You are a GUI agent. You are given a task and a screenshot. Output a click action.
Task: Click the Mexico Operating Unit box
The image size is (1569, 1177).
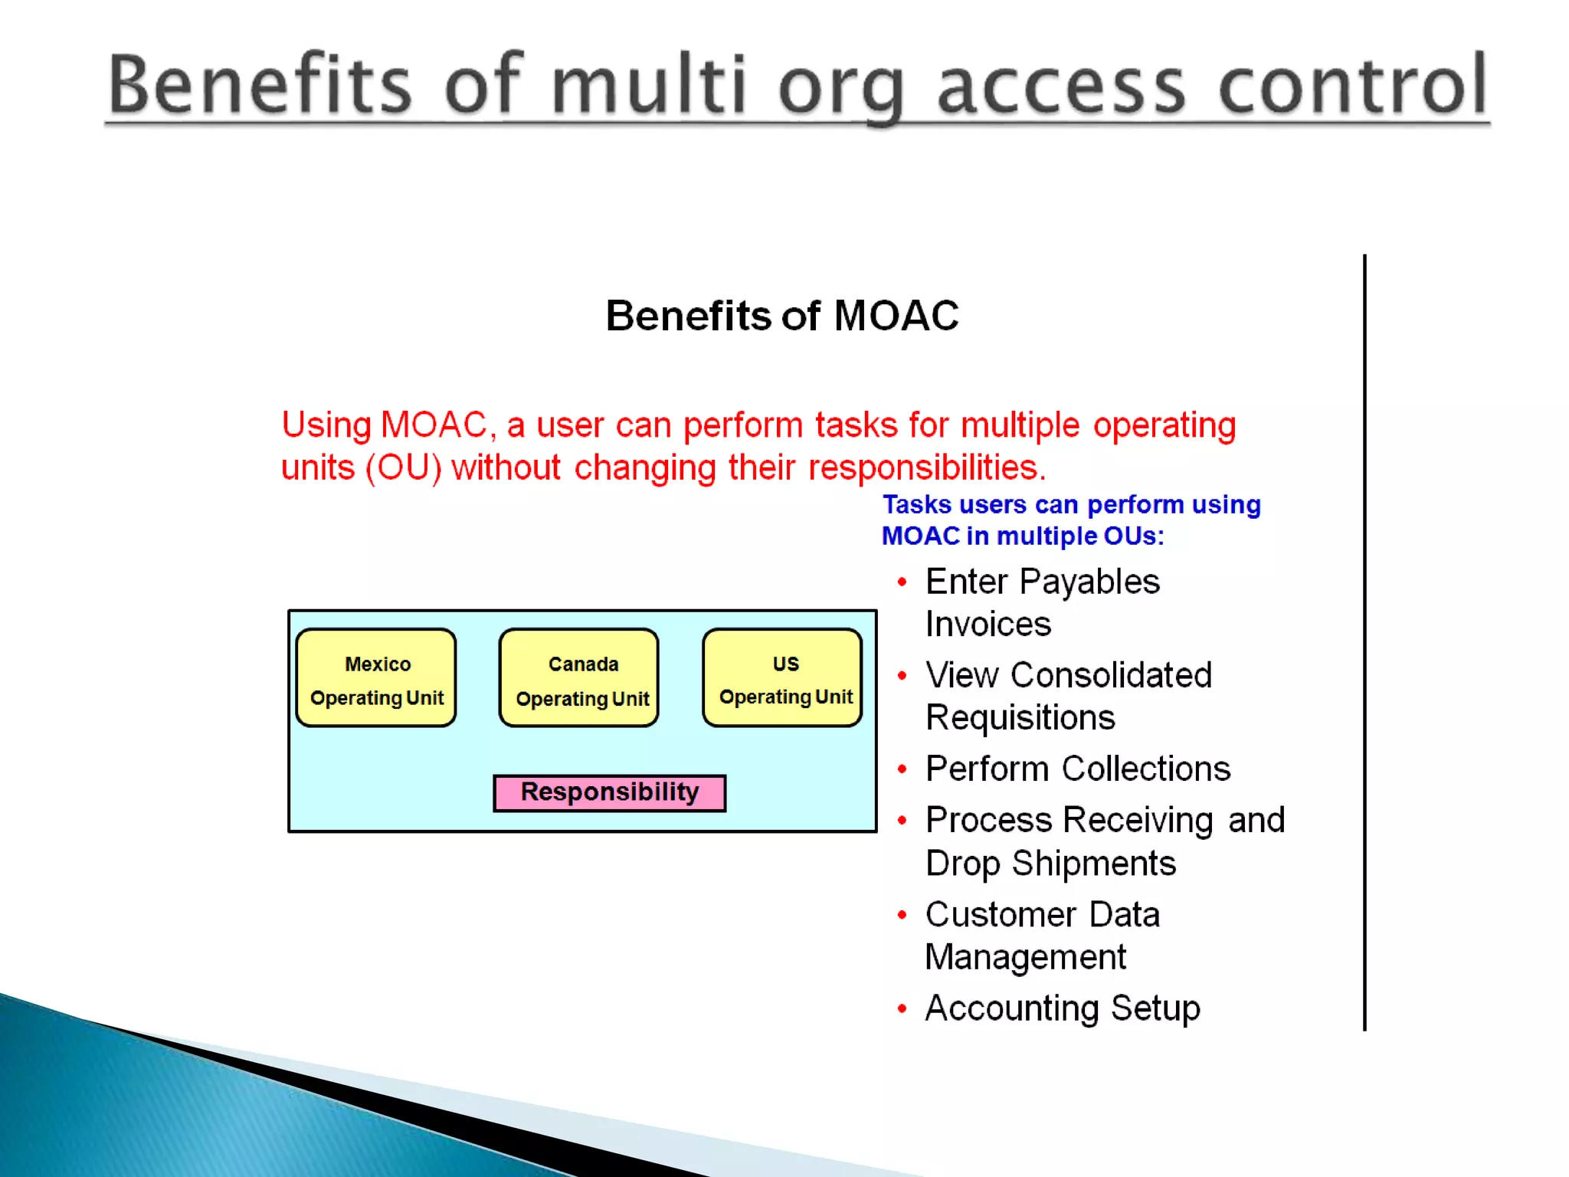coord(376,678)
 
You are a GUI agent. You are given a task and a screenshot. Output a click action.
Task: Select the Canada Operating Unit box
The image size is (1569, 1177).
coord(579,678)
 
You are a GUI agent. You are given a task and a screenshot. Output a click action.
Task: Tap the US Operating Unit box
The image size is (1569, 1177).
coord(782,678)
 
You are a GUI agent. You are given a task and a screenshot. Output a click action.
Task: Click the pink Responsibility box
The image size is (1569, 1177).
coord(609,792)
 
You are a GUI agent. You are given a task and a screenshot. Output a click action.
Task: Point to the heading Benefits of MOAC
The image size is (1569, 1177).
coord(781,316)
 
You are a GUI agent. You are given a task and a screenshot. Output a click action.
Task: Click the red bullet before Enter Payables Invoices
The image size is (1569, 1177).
coord(902,583)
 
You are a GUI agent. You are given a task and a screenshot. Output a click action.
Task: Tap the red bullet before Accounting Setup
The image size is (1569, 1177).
coord(902,1009)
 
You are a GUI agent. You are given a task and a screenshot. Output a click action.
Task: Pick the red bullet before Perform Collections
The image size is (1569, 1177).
coord(902,769)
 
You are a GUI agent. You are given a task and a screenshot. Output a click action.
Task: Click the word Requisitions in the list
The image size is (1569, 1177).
coord(1020,719)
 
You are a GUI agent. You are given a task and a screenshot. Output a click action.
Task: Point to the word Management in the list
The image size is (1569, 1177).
coord(1025,957)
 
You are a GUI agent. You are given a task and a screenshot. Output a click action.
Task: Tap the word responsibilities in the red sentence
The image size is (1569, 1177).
coord(927,467)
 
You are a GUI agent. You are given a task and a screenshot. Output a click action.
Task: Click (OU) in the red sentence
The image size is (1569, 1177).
coord(404,467)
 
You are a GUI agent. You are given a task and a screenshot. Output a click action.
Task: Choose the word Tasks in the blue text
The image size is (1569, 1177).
coord(916,504)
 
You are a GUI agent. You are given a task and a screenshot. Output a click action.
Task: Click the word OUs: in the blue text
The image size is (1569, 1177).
coord(1134,536)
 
